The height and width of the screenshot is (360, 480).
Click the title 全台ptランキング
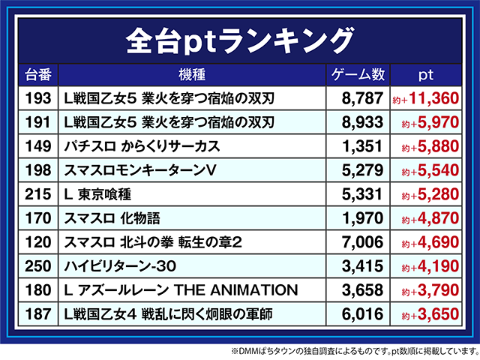click(x=240, y=40)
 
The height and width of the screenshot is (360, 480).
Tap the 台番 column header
click(x=38, y=75)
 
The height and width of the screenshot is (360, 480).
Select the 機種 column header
click(x=192, y=75)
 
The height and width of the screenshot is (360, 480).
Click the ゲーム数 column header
click(x=358, y=75)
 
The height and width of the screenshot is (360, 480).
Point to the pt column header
click(x=426, y=75)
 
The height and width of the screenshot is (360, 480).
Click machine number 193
click(x=38, y=98)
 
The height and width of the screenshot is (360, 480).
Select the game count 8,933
click(x=362, y=122)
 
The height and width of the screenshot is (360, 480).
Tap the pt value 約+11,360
click(x=425, y=98)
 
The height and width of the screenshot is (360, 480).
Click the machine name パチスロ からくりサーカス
click(x=142, y=146)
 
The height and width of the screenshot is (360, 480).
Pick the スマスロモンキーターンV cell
click(x=140, y=170)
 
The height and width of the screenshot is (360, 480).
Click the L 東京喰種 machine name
click(x=97, y=194)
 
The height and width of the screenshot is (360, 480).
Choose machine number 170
click(x=38, y=218)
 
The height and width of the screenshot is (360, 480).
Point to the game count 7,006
click(x=362, y=242)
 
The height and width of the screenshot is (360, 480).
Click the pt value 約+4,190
click(x=430, y=266)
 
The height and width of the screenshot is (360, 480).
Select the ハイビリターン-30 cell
click(x=120, y=266)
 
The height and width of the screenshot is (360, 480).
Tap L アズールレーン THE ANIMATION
click(x=181, y=290)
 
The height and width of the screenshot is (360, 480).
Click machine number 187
click(x=38, y=314)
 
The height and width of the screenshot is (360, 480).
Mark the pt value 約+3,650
click(x=430, y=314)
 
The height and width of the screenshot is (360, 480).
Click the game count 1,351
click(x=362, y=146)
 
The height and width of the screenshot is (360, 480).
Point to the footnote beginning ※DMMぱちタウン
click(x=355, y=351)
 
